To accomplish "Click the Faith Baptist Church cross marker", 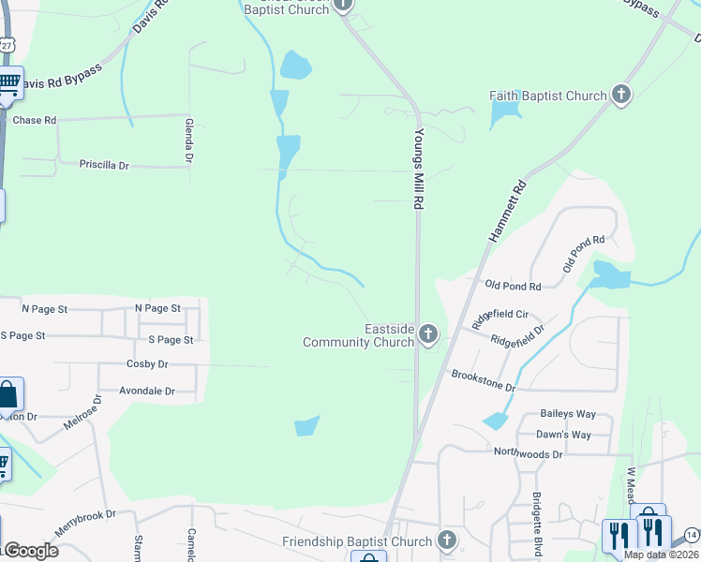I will tap(620, 95).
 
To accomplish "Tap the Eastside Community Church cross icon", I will tap(428, 334).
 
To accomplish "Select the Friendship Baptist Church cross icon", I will tap(447, 540).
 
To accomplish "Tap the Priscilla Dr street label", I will tap(104, 165).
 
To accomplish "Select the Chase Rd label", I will tap(35, 121).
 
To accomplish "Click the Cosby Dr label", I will tap(147, 363).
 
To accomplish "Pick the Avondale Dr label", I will tap(147, 391).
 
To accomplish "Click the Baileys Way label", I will tap(568, 414).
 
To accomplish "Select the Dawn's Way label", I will tap(563, 435).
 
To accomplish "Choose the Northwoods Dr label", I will tap(529, 453).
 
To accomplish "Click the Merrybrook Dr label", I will tap(84, 524).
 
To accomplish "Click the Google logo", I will tap(30, 551).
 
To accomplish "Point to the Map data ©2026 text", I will tap(661, 555).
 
